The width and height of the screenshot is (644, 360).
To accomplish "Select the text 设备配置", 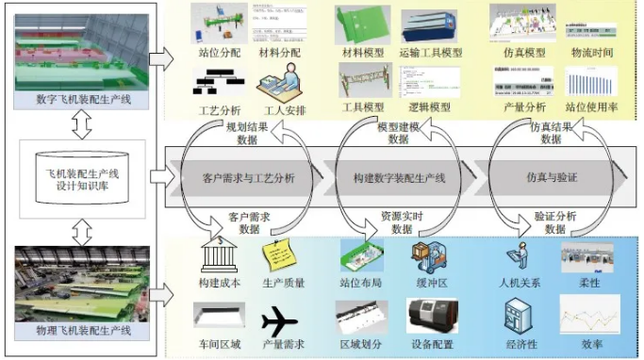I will click(430, 346).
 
